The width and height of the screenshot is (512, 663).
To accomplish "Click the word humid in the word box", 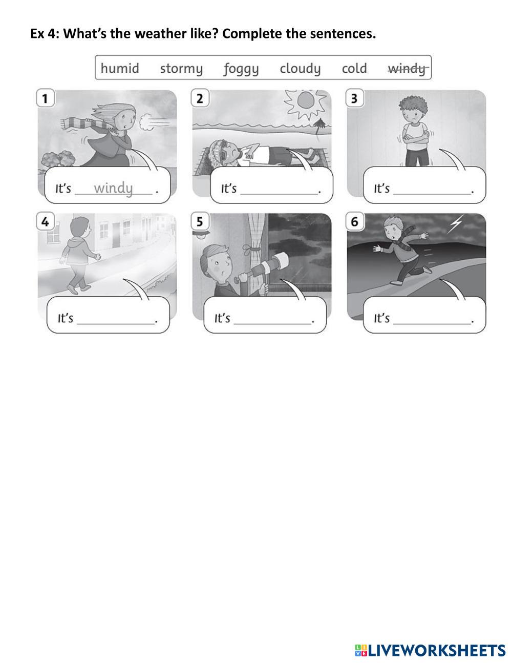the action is click(x=120, y=68).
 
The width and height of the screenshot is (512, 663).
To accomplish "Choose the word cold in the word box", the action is click(x=354, y=68).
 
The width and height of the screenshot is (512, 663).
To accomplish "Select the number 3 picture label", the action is click(x=354, y=98).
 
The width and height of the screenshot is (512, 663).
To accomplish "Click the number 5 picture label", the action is click(x=200, y=221).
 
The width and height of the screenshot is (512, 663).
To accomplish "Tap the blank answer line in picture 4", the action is click(x=116, y=323).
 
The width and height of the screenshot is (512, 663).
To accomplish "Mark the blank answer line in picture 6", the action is click(x=432, y=323).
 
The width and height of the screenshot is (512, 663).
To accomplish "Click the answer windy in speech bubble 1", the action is click(x=113, y=189).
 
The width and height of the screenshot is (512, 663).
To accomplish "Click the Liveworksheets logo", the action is click(x=430, y=650).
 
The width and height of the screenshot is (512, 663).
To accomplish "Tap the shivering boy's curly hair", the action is click(x=414, y=108).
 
